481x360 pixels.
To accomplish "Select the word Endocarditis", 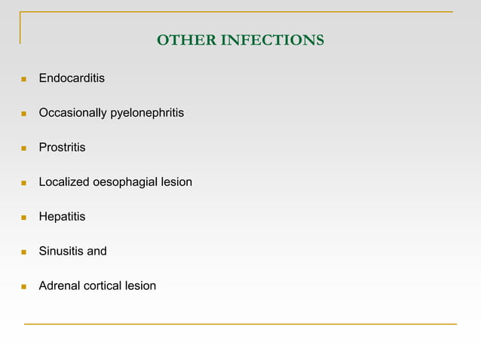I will pos(72,78).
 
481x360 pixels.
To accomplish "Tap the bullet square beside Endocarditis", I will pos(24,79).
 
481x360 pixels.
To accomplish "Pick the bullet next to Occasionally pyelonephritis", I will pos(24,114).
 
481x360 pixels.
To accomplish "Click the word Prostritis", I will pos(62,148).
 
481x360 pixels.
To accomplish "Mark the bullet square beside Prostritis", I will pos(24,148).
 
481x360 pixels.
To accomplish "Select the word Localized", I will pos(64,182).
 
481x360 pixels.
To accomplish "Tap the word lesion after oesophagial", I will pos(176,182).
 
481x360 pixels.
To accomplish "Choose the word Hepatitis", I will pos(62,217).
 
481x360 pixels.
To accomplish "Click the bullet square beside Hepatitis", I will pos(24,218).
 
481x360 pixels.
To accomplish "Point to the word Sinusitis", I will pos(62,252).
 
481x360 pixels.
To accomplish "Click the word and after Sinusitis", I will pos(97,252).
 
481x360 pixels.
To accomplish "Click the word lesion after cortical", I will pos(142,286).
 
